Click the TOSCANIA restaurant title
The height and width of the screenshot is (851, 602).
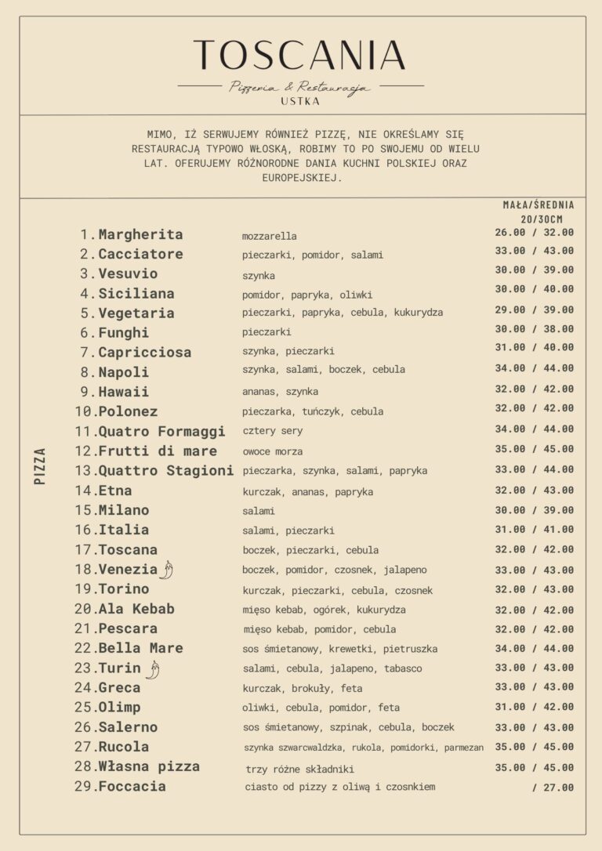300,56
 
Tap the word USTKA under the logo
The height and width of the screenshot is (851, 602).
300,101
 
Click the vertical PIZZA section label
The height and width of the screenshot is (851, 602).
41,465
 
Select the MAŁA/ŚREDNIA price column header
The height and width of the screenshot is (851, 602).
538,205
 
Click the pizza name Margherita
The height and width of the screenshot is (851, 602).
140,234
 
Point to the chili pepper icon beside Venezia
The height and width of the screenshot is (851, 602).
166,570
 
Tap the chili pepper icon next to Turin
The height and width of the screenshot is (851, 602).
153,668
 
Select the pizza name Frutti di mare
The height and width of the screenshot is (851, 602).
158,451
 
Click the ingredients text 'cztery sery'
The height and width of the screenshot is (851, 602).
272,431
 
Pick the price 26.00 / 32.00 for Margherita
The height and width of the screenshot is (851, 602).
534,233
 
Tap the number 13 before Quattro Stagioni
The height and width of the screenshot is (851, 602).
85,471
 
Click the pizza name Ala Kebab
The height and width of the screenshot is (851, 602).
136,609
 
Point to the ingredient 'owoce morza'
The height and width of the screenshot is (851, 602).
272,451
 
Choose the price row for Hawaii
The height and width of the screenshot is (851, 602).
534,389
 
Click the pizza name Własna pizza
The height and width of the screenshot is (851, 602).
149,766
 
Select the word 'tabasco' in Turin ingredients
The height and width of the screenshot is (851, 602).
403,668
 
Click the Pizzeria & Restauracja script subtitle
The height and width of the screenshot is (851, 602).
300,87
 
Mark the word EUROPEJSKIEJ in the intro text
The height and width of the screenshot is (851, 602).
302,178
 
